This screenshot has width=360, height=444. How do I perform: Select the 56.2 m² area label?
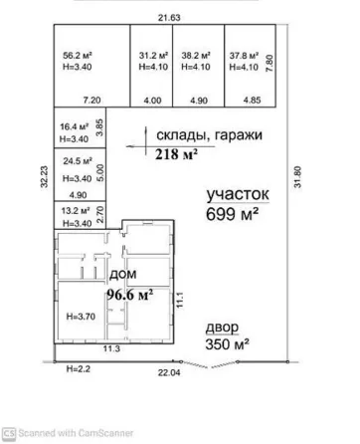77,57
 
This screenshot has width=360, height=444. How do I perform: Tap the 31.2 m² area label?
151,57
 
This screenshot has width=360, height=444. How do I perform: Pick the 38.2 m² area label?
196,57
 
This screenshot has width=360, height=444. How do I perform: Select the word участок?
239,195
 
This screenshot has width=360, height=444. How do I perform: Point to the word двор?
223,327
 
